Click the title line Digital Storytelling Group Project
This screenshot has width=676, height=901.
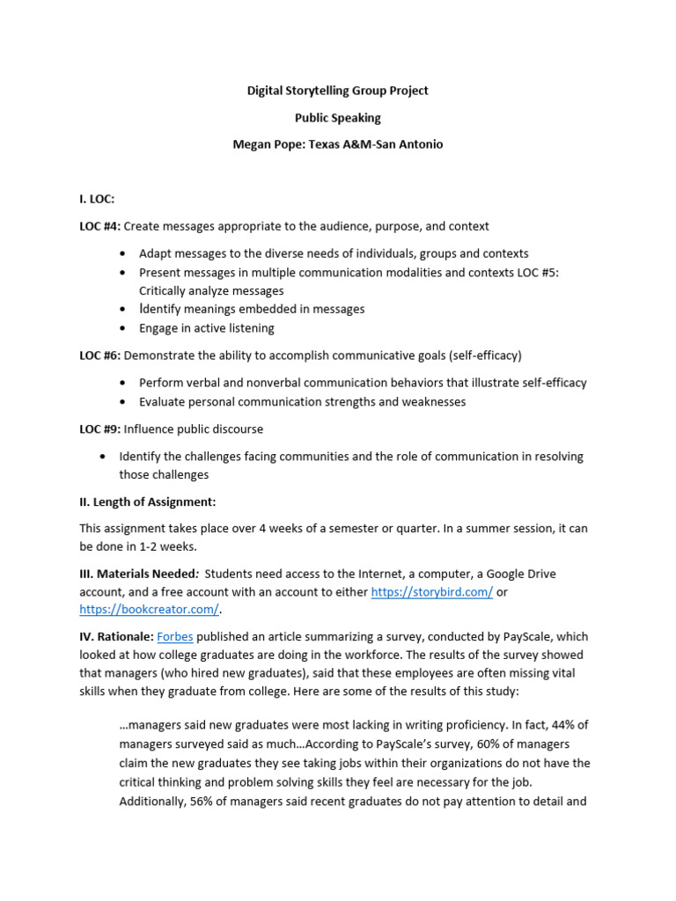[x=338, y=91]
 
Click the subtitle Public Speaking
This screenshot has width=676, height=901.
[x=338, y=117]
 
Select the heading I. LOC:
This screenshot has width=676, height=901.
[x=97, y=200]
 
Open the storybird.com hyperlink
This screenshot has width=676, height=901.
[x=431, y=592]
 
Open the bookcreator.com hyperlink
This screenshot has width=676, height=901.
[x=148, y=609]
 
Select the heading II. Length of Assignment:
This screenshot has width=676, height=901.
[x=148, y=502]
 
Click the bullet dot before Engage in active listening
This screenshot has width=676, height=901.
[x=122, y=328]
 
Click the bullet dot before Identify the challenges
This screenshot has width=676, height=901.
[x=103, y=457]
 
